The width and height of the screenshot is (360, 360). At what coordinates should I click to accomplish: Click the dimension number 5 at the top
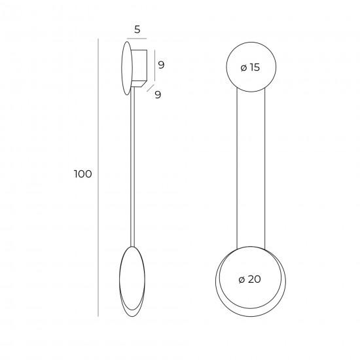click(x=137, y=29)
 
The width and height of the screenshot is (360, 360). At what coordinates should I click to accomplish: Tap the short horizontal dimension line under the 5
click(x=137, y=39)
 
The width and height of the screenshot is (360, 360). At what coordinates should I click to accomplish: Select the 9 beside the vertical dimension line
click(x=162, y=65)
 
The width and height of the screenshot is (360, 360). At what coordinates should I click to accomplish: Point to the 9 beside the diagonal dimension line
click(x=158, y=94)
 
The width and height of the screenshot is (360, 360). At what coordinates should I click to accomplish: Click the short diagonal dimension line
click(x=150, y=88)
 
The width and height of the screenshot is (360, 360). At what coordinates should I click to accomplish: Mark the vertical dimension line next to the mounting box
click(x=154, y=65)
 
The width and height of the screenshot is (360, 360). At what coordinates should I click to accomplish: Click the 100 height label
click(x=82, y=174)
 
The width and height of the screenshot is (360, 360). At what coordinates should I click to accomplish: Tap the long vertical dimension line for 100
click(x=98, y=177)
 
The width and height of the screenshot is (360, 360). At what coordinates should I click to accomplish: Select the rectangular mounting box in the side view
click(x=139, y=65)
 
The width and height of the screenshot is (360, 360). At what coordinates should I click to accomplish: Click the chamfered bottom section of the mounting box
click(x=139, y=84)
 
